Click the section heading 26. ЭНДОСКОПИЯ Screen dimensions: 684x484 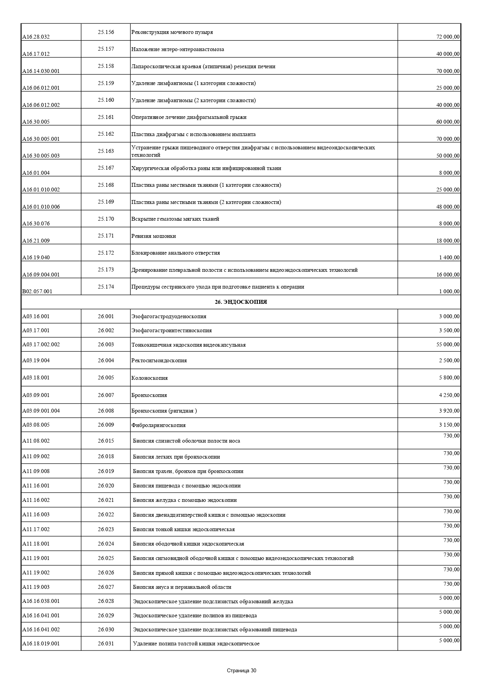point(241,302)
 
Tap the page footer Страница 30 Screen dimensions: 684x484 point(241,670)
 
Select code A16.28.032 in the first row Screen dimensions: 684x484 point(36,37)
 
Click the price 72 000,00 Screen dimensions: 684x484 point(448,37)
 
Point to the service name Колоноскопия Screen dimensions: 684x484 point(149,378)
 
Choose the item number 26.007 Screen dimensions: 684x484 point(106,395)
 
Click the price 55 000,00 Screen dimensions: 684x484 point(448,344)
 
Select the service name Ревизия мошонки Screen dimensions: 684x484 point(153,236)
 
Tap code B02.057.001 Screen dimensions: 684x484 point(37,291)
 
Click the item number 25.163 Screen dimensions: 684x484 point(106,151)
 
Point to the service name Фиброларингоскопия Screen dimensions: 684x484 point(158,425)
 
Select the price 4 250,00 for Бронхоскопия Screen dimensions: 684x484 point(449,395)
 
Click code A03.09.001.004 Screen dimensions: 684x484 point(41,411)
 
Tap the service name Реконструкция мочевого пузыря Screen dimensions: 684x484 point(172,32)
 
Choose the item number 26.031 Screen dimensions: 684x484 point(106,643)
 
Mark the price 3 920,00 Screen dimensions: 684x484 point(449,410)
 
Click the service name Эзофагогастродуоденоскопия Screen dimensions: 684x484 point(169,316)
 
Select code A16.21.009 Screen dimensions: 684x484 point(36,241)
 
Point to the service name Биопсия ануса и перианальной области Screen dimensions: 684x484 point(182,587)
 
